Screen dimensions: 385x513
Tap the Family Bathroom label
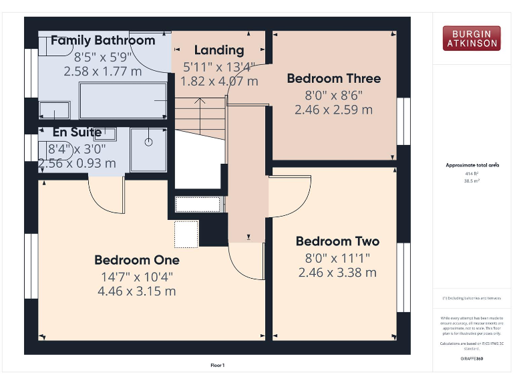[x=103, y=40]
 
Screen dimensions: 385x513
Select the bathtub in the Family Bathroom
[x=123, y=100]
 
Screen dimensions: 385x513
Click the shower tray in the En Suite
[x=148, y=149]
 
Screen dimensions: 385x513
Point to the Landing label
[x=219, y=50]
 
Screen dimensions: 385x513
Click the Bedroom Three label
[x=333, y=79]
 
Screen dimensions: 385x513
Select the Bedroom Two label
[x=337, y=242]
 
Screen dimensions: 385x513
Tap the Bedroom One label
[x=136, y=260]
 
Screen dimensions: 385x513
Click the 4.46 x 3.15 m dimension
[x=136, y=291]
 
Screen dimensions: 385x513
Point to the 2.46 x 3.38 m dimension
[x=337, y=273]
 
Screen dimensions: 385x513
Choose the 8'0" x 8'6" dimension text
[x=333, y=95]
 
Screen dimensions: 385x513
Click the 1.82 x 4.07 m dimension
[x=220, y=82]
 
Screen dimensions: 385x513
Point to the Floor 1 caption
[x=218, y=366]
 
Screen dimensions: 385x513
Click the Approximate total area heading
[x=472, y=165]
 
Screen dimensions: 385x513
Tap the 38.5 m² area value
[x=472, y=181]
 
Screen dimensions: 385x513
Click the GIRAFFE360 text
[x=472, y=359]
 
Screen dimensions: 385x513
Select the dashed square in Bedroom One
[x=186, y=234]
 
